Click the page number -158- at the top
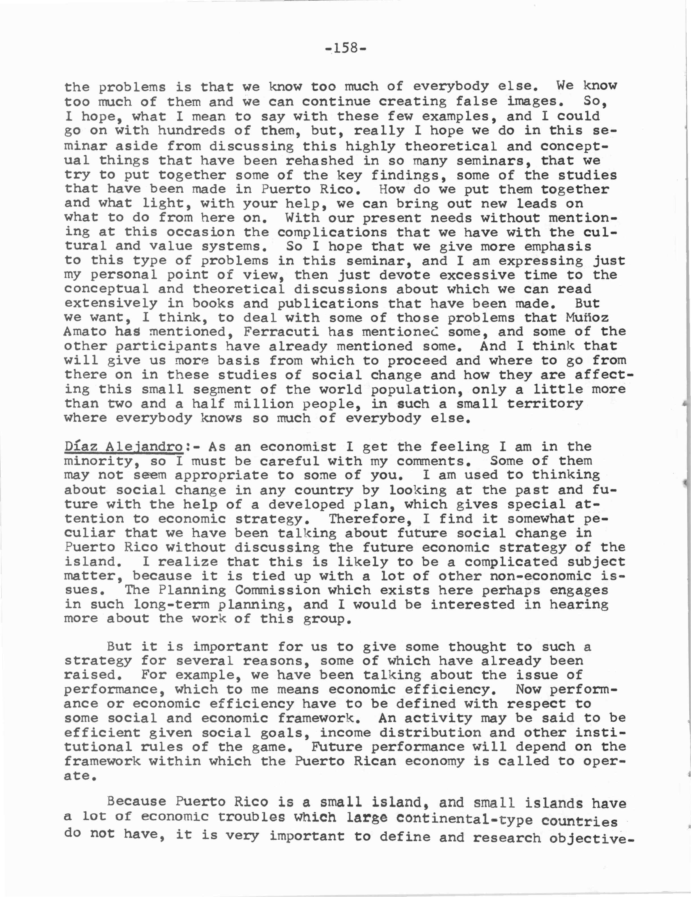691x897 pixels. click(345, 49)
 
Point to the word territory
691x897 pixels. click(545, 404)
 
